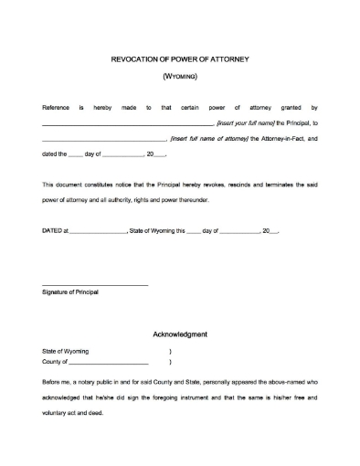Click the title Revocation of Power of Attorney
[x=179, y=59]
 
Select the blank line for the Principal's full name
[x=127, y=123]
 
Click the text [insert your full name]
[x=245, y=122]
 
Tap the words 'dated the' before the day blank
[x=55, y=155]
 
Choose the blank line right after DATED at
[x=98, y=233]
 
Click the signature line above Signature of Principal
[x=95, y=285]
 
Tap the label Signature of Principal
[x=71, y=293]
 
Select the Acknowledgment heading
[x=179, y=334]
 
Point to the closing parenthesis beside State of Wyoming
[x=170, y=352]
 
